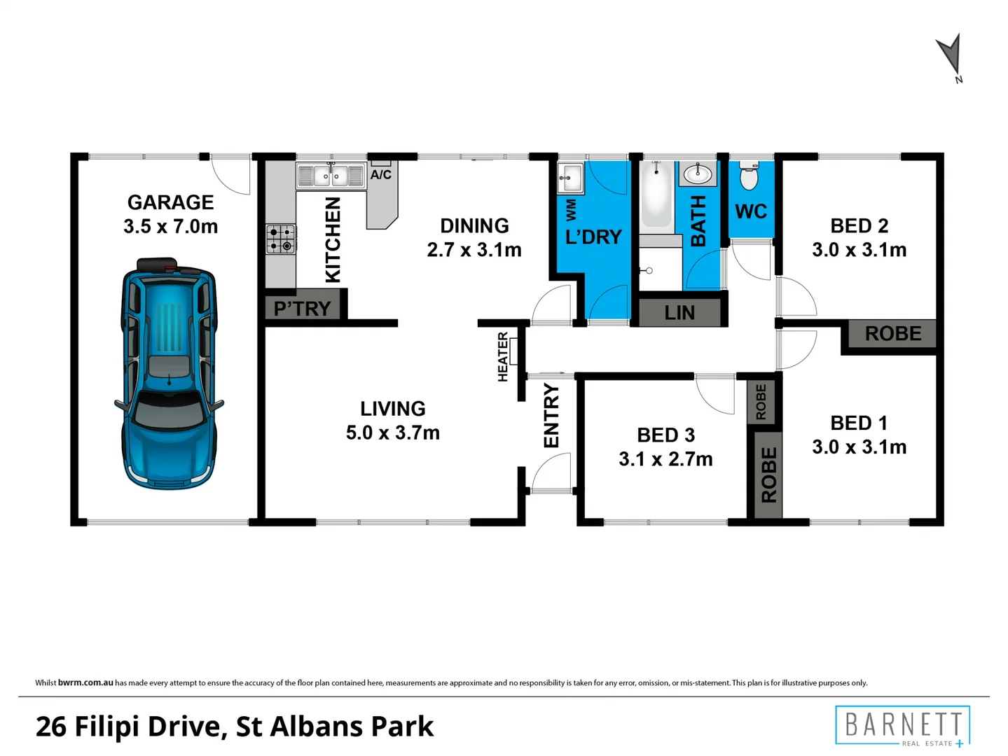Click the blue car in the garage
point(169,374)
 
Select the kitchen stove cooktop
point(280,239)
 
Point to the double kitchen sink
point(330,176)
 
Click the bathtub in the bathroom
point(656,194)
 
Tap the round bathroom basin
point(697,173)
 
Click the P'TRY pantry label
point(302,308)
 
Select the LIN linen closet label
point(679,313)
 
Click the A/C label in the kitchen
point(380,174)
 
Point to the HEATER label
point(502,357)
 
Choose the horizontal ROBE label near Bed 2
point(892,334)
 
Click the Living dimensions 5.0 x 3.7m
point(392,433)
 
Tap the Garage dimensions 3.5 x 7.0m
point(170,226)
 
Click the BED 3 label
point(665,435)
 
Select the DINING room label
point(474,225)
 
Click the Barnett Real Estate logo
point(902,726)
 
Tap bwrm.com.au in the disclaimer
point(85,682)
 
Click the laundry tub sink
point(570,178)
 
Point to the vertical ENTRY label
point(551,416)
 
